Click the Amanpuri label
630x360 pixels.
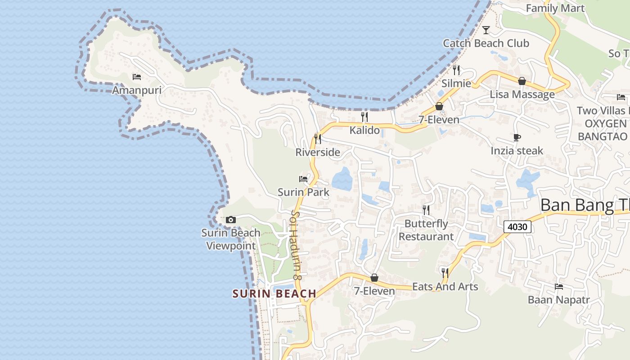click(136, 90)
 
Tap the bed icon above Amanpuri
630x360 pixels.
click(137, 77)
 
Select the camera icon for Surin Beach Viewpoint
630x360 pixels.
click(231, 220)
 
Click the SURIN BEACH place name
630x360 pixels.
click(274, 294)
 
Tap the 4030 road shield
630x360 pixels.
click(517, 227)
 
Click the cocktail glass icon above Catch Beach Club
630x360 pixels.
click(486, 30)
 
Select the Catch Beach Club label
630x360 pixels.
click(486, 43)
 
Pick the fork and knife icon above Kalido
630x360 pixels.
click(364, 117)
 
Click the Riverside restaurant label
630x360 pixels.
click(318, 152)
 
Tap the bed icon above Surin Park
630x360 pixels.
click(303, 179)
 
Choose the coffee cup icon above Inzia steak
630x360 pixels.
click(517, 137)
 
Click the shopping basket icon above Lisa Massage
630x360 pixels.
click(522, 81)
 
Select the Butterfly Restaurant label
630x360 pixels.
click(426, 230)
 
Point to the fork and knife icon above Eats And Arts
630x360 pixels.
click(445, 273)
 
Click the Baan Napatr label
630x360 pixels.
click(558, 300)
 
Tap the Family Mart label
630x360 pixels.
click(555, 8)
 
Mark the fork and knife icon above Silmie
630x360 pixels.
click(456, 70)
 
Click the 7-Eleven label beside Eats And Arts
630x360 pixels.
click(374, 291)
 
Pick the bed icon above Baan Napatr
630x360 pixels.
click(559, 286)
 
